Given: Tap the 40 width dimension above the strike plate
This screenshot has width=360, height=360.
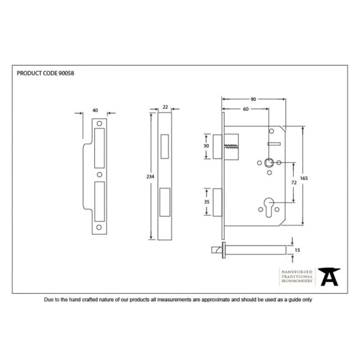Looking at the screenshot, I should pyautogui.click(x=96, y=110).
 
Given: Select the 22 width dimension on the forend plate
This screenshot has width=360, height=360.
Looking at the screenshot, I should pyautogui.click(x=165, y=106).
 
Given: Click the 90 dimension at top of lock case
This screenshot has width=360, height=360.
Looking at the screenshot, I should pyautogui.click(x=253, y=99).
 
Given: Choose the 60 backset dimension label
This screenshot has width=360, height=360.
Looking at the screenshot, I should pyautogui.click(x=243, y=109).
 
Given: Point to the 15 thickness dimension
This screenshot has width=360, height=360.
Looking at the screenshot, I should pyautogui.click(x=298, y=251).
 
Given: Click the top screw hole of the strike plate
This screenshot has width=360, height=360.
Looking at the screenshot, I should pyautogui.click(x=100, y=123).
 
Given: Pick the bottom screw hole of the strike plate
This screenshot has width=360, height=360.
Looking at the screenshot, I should pyautogui.click(x=100, y=228).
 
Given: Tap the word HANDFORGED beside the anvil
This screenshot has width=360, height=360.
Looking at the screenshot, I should pyautogui.click(x=297, y=271).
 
